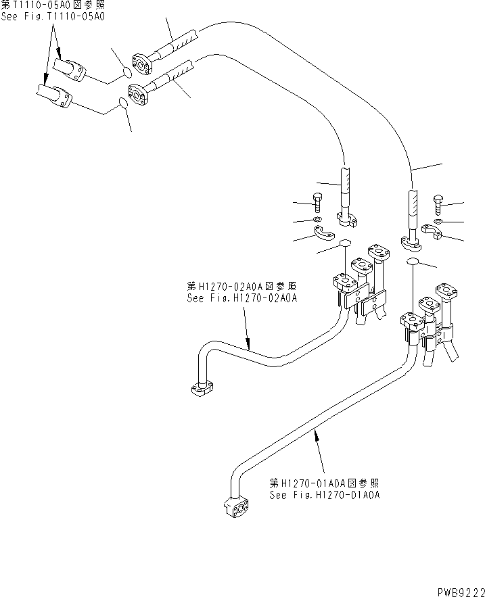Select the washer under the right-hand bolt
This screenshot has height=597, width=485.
point(438,220)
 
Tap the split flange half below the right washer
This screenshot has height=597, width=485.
point(430,233)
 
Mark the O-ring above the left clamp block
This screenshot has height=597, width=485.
point(344,243)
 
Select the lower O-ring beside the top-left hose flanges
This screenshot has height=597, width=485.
point(123,103)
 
